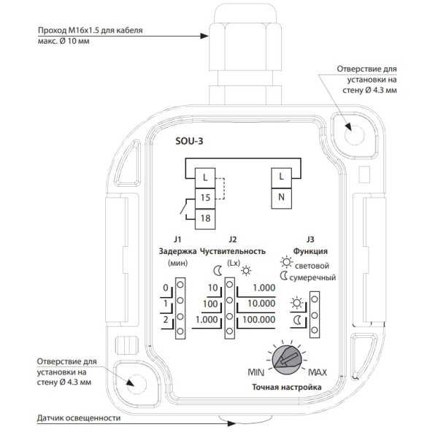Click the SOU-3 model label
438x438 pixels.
[189, 142]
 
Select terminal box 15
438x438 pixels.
[205, 199]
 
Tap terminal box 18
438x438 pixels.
[205, 219]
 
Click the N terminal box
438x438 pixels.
[281, 199]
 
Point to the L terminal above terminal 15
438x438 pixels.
[205, 178]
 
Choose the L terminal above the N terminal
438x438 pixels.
[281, 178]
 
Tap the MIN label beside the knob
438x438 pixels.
[256, 372]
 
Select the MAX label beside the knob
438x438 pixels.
[318, 372]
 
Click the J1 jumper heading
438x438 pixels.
[177, 239]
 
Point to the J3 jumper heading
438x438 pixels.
[310, 239]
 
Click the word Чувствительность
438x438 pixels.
[233, 251]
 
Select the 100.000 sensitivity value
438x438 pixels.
[259, 320]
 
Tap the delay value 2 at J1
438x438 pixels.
[166, 320]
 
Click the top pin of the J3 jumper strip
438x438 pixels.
[315, 299]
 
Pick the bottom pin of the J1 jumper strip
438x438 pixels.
[180, 331]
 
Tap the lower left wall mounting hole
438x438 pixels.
[137, 385]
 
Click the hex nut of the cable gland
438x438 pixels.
[245, 47]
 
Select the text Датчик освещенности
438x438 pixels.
[79, 418]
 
